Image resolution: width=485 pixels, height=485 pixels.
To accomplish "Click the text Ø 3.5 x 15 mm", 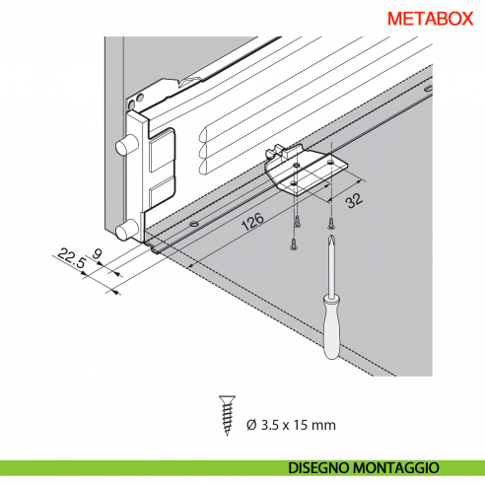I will [291, 425].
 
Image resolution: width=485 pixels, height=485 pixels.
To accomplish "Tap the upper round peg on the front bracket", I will [126, 145].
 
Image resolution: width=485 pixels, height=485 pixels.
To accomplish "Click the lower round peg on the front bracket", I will [125, 232].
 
